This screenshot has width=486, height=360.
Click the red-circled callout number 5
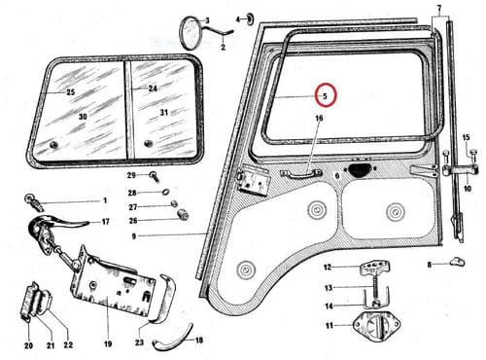pyautogui.click(x=327, y=95)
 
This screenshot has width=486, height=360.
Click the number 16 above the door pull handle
pyautogui.click(x=318, y=119)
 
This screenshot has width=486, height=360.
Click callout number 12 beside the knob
pyautogui.click(x=328, y=267)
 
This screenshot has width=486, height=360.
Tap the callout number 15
pyautogui.click(x=466, y=137)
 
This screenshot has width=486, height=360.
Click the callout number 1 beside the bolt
pyautogui.click(x=104, y=201)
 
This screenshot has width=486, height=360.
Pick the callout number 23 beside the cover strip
pyautogui.click(x=139, y=342)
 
